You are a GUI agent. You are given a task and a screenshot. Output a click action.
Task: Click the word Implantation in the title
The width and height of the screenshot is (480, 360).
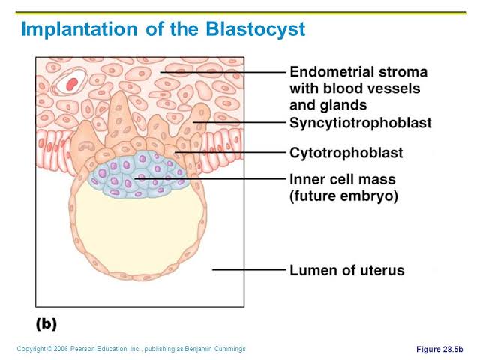pos(79,30)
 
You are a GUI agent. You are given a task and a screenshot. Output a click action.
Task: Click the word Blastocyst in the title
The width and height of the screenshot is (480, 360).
pos(256,30)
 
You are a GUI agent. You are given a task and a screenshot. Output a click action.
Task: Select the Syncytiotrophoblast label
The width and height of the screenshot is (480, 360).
pos(361,123)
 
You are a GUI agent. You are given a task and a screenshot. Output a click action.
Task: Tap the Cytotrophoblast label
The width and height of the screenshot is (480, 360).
pos(346,153)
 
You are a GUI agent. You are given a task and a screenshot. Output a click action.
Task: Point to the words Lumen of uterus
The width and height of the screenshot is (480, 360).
pos(347,270)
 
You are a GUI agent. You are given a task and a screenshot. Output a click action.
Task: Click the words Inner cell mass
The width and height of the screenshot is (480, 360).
pos(343,179)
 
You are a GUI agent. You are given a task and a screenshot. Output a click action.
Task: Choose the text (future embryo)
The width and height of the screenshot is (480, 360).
pos(343,196)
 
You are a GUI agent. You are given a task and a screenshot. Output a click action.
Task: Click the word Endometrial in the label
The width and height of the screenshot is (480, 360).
pos(331,72)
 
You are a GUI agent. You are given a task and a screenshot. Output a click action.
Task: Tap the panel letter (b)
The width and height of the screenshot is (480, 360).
pos(46,324)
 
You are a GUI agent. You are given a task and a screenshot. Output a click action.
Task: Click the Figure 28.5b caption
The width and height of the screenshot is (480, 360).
pos(439,349)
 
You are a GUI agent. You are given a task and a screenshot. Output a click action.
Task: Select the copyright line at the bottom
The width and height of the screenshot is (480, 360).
pos(131,349)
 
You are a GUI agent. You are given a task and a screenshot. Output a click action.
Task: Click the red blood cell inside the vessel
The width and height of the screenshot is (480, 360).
pos(72,83)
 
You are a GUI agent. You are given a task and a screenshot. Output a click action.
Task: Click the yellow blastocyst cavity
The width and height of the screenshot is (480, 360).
pos(140,232)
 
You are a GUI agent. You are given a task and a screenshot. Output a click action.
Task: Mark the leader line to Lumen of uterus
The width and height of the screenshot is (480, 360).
pos(249,270)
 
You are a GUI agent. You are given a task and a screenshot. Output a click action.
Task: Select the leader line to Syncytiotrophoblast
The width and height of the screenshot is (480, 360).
pos(239,122)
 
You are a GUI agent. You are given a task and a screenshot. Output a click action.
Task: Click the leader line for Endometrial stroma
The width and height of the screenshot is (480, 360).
pos(223,72)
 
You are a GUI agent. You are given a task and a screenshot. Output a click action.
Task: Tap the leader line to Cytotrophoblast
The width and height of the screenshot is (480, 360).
pos(230,152)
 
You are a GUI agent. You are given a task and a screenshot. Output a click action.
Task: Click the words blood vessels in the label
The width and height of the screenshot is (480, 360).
pos(372,88)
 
